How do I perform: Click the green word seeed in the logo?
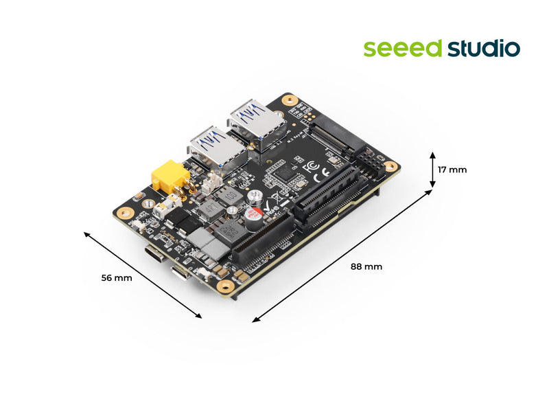403,49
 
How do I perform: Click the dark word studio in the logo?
483,49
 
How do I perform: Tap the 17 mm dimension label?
453,170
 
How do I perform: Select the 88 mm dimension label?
366,266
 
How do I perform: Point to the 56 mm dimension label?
116,278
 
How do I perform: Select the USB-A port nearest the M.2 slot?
256,124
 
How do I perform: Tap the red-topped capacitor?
255,214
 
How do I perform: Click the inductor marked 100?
231,197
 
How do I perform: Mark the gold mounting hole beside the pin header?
390,166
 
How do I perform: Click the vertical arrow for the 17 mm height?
432,170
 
